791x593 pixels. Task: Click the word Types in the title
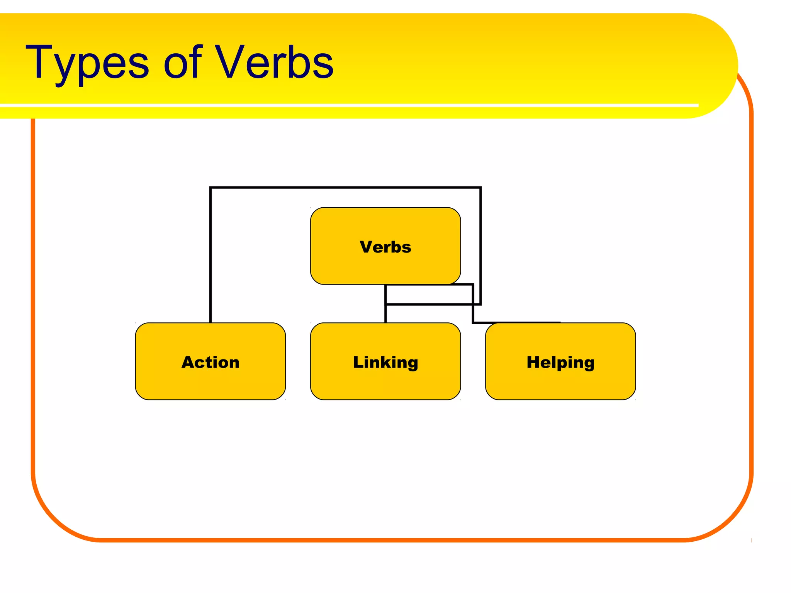coord(87,64)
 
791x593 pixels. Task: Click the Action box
coord(210,382)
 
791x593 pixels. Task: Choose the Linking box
coord(385,382)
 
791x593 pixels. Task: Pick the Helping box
coord(560,382)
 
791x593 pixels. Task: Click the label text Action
coord(210,362)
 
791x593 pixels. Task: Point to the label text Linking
coord(385,362)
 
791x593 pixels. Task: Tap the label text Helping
coord(560,362)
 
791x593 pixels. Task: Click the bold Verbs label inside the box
coord(385,247)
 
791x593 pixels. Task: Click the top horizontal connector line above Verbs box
coord(346,188)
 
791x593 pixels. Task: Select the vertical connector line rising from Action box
coord(210,255)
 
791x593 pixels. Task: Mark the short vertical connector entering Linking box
coord(385,314)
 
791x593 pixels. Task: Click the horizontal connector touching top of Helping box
coord(518,322)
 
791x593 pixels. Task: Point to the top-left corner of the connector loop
coord(211,188)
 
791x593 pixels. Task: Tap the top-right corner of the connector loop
coord(480,188)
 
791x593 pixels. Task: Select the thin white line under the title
coord(348,105)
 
